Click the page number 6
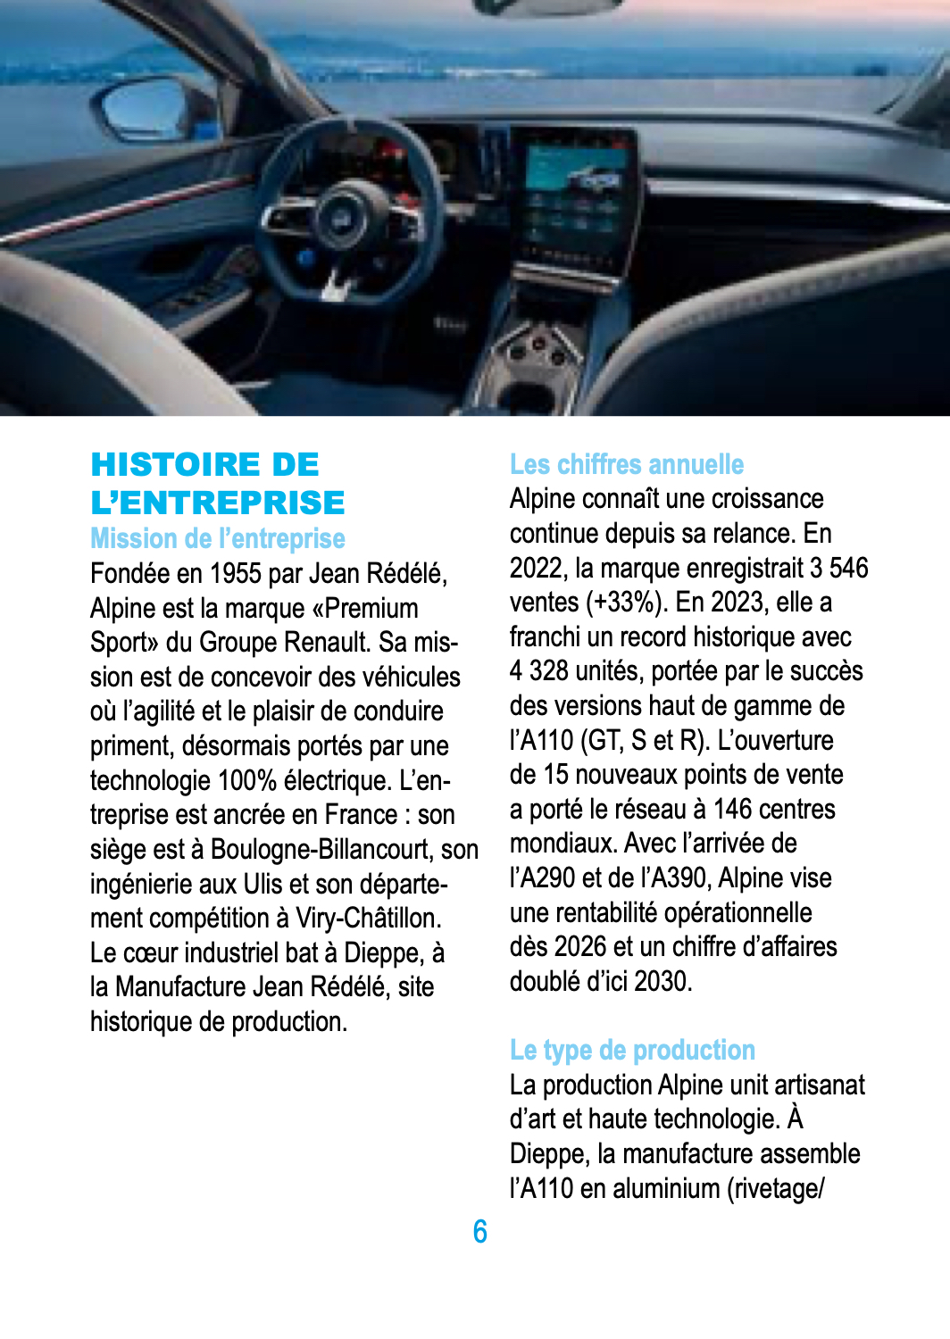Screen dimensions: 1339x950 [x=479, y=1232]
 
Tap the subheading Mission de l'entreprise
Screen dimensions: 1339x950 [x=217, y=538]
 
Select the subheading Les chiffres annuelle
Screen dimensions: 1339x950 [x=626, y=464]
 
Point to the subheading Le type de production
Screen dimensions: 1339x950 [x=632, y=1050]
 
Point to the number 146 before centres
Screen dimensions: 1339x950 [x=732, y=810]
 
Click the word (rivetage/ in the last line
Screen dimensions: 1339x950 [x=775, y=1189]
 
